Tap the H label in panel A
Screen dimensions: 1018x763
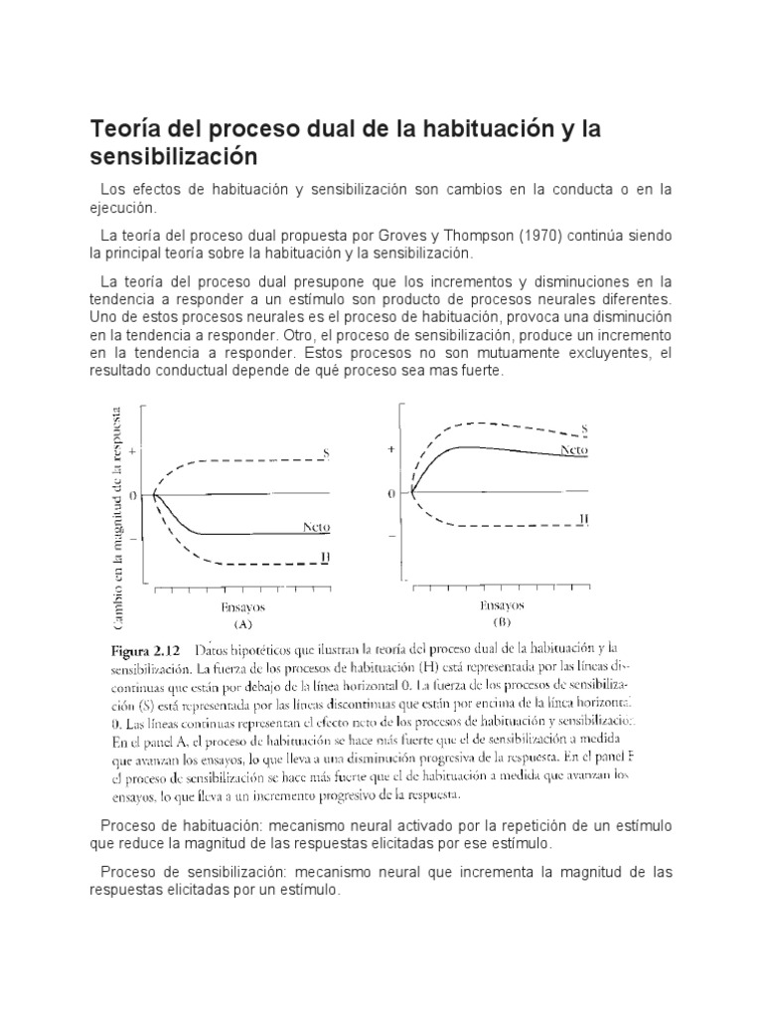coord(325,558)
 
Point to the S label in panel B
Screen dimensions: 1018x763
coord(584,428)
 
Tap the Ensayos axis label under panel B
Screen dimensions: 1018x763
coord(502,603)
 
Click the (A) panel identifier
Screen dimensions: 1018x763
coord(242,625)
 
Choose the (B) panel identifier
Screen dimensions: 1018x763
coord(501,623)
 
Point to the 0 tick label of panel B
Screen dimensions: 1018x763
coord(392,493)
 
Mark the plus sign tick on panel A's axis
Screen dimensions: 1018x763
coord(133,450)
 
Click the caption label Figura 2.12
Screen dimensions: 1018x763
coord(142,648)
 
